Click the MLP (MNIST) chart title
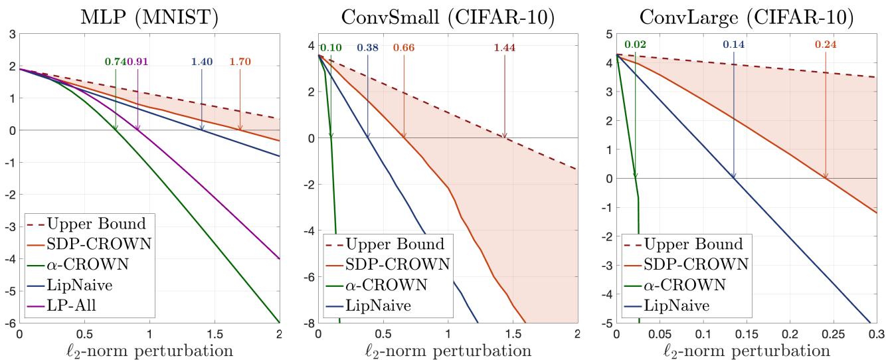click(x=149, y=14)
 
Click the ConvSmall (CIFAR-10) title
click(x=447, y=14)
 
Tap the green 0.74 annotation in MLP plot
click(x=115, y=62)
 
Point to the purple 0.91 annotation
click(x=137, y=62)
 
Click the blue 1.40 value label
click(x=202, y=62)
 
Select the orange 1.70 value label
click(x=240, y=62)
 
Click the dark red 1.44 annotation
click(x=505, y=48)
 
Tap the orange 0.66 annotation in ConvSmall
click(x=404, y=48)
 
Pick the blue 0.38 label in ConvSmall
click(x=368, y=48)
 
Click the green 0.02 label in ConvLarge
click(x=635, y=45)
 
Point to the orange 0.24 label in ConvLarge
click(x=826, y=45)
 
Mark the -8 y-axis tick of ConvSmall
click(x=309, y=323)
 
